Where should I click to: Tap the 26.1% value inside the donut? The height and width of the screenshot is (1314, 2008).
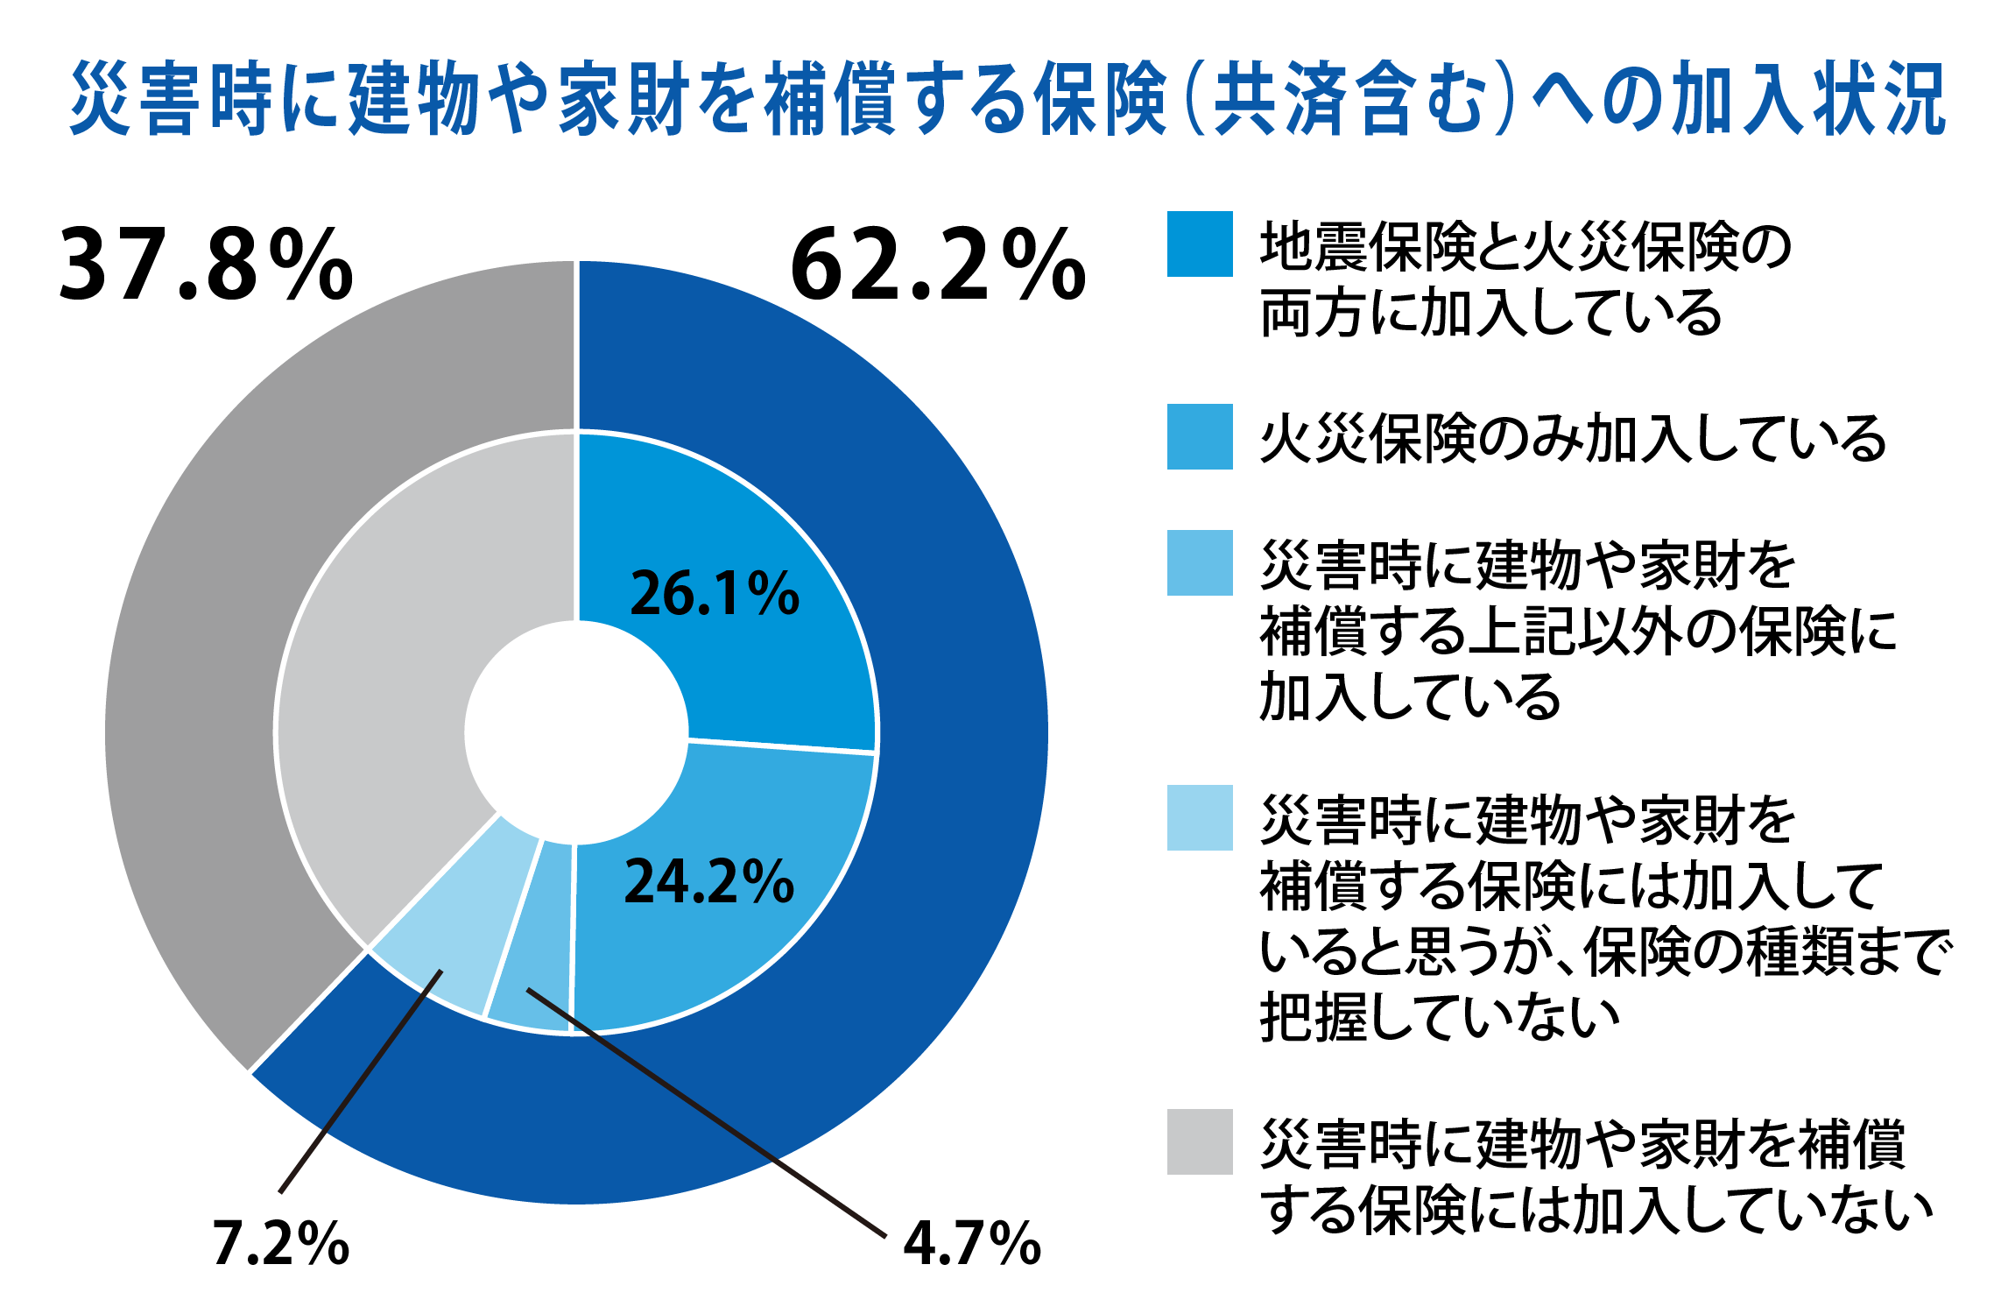(x=715, y=594)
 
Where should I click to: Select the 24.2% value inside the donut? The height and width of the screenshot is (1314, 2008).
(x=708, y=881)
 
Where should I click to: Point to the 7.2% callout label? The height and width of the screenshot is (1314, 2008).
(x=280, y=1244)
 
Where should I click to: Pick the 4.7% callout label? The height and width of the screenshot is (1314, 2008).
(x=972, y=1244)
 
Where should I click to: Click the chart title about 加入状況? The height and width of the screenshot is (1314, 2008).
(x=1007, y=99)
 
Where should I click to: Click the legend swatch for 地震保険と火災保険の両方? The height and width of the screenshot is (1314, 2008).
(x=1200, y=244)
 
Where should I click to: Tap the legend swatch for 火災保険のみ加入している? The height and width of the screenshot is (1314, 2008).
(x=1200, y=436)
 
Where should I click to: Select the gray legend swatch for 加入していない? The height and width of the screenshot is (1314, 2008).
(x=1200, y=1141)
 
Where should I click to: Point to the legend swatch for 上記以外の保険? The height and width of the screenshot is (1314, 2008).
(x=1200, y=562)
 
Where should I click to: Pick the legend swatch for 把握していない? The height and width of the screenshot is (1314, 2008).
(x=1200, y=817)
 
